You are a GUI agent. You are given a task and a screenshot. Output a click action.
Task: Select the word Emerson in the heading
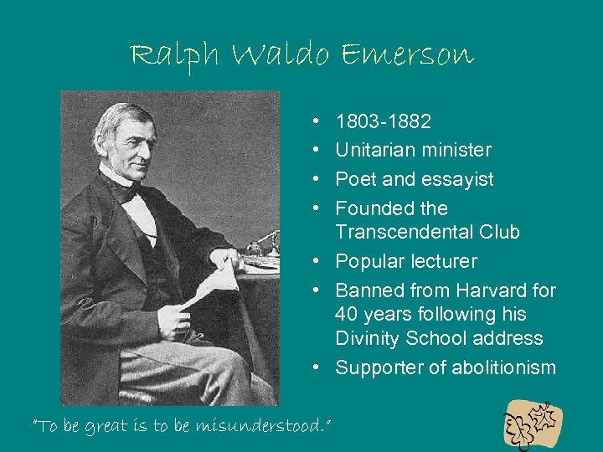pyautogui.click(x=409, y=55)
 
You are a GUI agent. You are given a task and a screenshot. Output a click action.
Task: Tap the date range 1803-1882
pyautogui.click(x=384, y=122)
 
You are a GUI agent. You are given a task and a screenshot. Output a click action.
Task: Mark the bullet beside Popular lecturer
pyautogui.click(x=323, y=261)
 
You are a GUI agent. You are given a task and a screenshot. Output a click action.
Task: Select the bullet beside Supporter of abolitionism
pyautogui.click(x=323, y=367)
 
